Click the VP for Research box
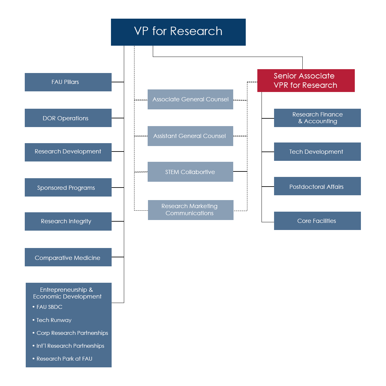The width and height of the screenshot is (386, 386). coord(178,32)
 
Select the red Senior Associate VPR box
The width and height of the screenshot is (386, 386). coord(306,80)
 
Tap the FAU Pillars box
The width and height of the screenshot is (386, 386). coord(68,82)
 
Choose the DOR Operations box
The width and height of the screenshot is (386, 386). coord(68,118)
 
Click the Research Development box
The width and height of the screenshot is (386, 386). coord(68,152)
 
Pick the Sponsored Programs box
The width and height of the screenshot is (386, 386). coord(68,188)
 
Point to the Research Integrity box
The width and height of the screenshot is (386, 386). coord(68,221)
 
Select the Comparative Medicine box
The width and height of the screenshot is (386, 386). coord(68,257)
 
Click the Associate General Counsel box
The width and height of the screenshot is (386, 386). coord(190,99)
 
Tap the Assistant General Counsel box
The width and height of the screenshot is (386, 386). coord(190,136)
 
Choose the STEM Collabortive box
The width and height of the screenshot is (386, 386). coord(190,172)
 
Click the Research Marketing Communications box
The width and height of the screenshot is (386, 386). coord(190,210)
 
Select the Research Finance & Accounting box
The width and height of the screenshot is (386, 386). coord(317,118)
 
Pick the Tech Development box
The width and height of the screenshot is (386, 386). coord(317,152)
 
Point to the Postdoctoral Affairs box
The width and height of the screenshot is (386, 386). coord(317,186)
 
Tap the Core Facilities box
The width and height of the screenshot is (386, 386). coord(317,221)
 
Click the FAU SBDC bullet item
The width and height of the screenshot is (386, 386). coord(49,307)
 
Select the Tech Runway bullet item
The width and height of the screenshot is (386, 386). coord(54,320)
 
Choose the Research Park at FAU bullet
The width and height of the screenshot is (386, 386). coord(64,359)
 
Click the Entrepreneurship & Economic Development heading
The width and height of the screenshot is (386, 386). coord(67,293)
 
